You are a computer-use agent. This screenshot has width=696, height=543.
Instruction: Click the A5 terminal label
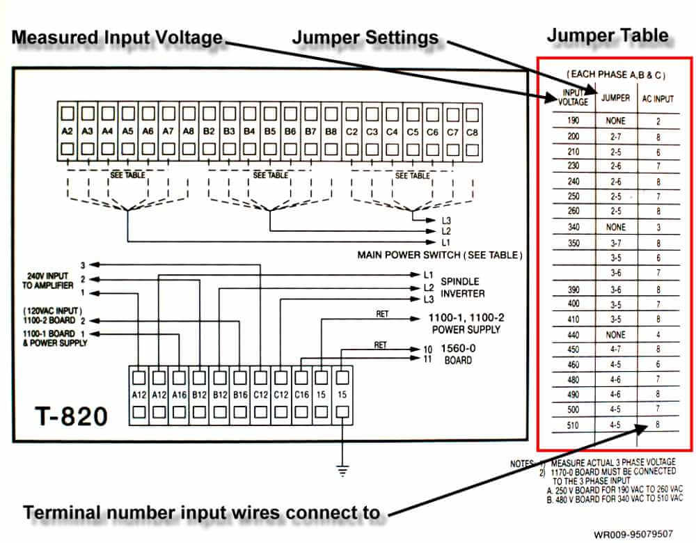click(x=128, y=131)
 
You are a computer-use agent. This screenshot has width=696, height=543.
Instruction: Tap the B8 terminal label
click(x=331, y=131)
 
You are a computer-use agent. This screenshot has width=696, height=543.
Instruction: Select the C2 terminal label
click(x=351, y=131)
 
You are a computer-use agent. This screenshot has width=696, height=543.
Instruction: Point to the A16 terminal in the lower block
click(x=180, y=396)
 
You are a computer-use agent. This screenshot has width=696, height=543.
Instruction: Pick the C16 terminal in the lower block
click(x=301, y=396)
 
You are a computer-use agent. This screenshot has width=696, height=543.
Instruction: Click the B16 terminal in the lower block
click(x=240, y=396)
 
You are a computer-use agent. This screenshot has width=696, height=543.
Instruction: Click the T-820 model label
click(x=72, y=416)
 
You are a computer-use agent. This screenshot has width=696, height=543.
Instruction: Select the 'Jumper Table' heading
click(x=608, y=35)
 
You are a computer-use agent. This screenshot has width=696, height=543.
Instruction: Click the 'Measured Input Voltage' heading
click(x=117, y=38)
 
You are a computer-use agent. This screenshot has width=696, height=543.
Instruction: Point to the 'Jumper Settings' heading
click(x=365, y=38)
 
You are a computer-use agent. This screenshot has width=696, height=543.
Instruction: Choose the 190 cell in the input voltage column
click(x=574, y=120)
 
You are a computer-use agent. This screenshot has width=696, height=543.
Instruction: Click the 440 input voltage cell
click(x=574, y=335)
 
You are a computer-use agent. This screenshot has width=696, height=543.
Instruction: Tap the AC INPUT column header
click(x=658, y=99)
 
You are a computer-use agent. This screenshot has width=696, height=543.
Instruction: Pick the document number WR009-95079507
click(x=633, y=534)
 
